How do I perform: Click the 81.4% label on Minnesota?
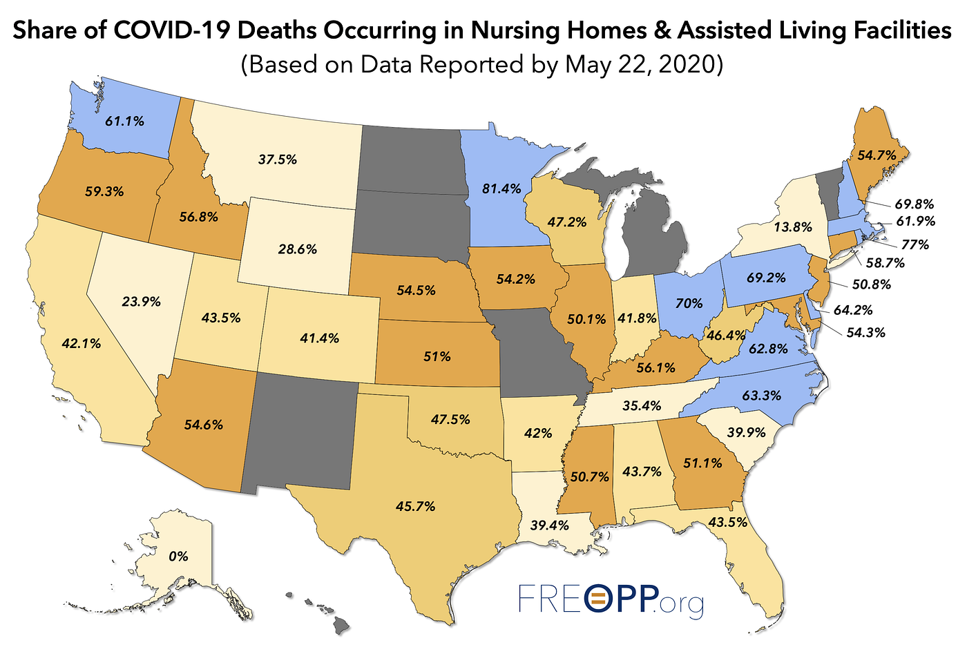[502, 189]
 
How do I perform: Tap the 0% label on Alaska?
[178, 556]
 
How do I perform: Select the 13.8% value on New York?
[792, 226]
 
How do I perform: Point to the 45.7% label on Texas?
[415, 506]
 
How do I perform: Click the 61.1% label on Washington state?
[125, 121]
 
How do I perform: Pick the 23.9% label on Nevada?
[141, 301]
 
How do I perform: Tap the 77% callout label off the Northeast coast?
[915, 244]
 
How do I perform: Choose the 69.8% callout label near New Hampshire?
[913, 204]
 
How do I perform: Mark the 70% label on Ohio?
[689, 303]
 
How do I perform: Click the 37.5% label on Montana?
[277, 160]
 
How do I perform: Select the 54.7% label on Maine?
[877, 156]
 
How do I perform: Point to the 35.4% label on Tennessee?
[642, 405]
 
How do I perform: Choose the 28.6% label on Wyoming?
[297, 249]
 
